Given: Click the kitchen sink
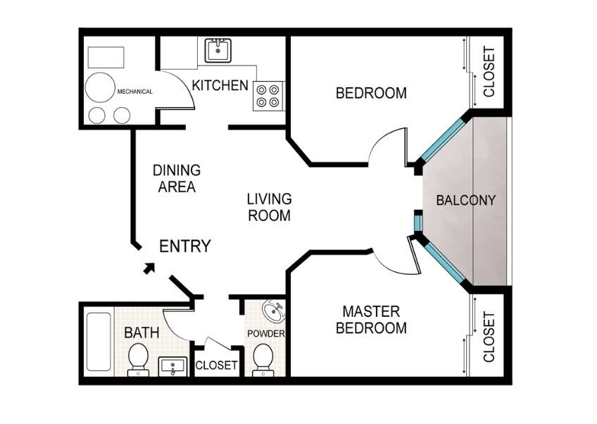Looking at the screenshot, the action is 218,50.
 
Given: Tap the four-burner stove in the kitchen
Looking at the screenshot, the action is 269,96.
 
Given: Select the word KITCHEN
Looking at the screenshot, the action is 220,85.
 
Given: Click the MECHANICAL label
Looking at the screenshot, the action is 134,92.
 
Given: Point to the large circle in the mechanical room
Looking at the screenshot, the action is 100,87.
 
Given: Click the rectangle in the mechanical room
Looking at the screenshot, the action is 106,57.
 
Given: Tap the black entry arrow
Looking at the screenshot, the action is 149,268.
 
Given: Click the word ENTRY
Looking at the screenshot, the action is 185,247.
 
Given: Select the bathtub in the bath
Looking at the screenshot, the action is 99,342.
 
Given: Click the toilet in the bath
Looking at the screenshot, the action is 138,360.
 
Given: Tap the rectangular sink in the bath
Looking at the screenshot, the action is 173,366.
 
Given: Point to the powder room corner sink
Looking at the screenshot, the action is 274,311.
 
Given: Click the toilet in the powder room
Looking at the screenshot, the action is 263,360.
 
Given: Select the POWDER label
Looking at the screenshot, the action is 265,334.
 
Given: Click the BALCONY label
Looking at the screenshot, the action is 465,201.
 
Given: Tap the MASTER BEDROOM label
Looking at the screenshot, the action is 371,320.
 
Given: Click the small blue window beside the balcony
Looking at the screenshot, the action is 418,224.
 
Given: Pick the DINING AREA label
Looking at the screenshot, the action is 177,178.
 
